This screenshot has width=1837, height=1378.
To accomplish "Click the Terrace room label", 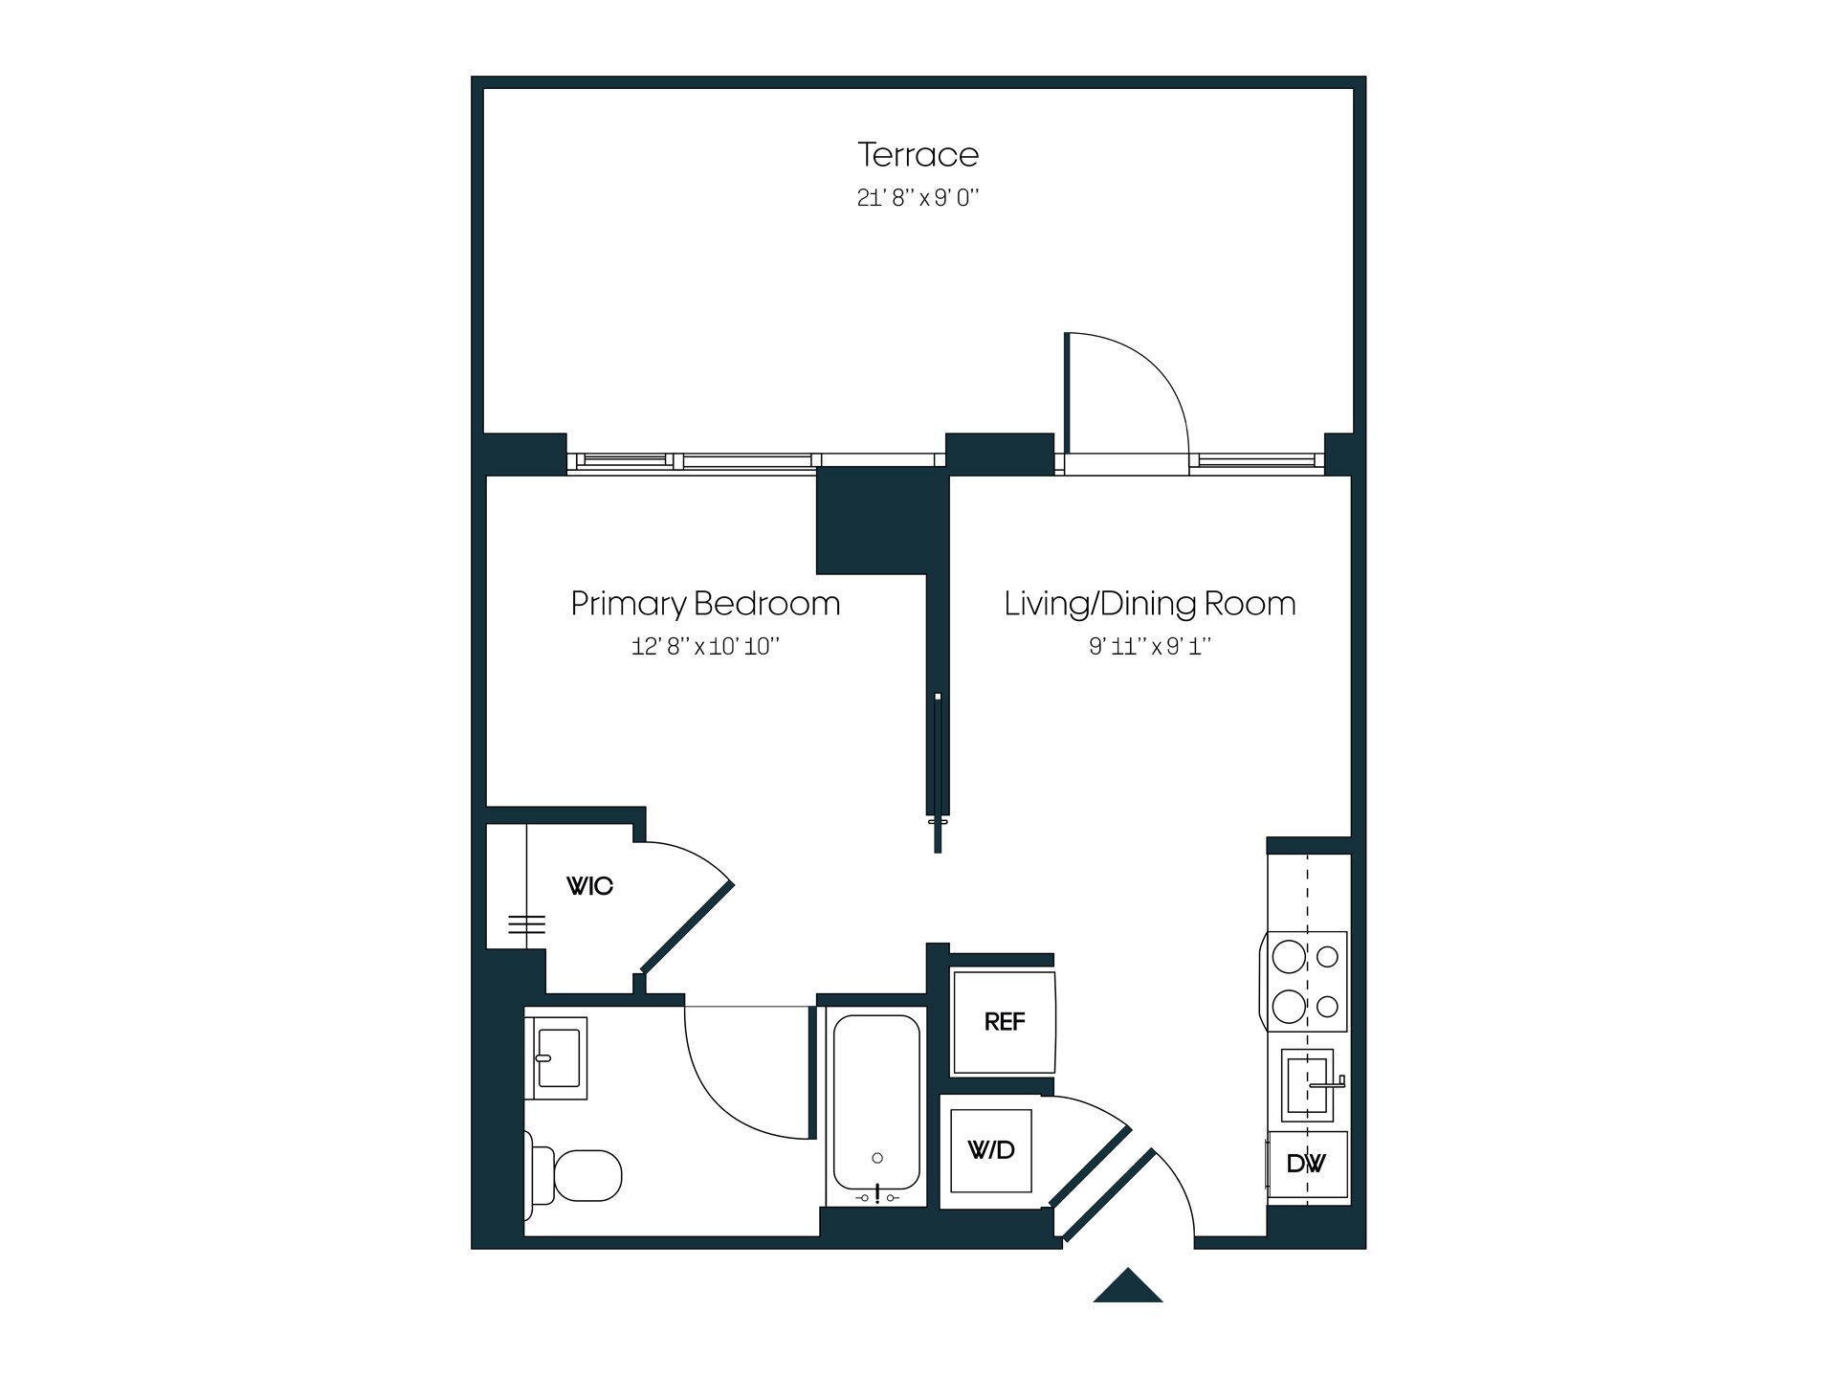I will click(x=918, y=155).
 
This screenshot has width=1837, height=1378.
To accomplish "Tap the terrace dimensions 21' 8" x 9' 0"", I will click(x=918, y=198).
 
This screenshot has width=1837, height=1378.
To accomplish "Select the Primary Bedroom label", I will click(x=705, y=604).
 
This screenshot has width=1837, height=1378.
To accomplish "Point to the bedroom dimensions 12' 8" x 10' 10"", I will click(x=705, y=647).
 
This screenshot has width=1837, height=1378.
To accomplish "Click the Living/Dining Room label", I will click(x=1149, y=604).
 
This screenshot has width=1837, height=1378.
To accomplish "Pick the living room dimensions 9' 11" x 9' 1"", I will click(x=1149, y=647).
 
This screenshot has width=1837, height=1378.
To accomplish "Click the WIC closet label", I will click(x=589, y=886).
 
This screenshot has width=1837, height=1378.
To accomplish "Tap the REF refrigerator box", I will click(x=1004, y=1022).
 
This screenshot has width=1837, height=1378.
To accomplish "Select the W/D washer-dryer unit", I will click(x=990, y=1150).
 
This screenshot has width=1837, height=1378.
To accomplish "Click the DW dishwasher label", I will click(x=1306, y=1164).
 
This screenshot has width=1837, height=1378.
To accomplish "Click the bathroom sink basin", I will click(x=559, y=1057).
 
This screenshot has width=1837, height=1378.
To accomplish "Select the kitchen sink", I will click(x=1307, y=1085).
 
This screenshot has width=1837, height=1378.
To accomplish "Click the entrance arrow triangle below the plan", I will click(x=1128, y=1288).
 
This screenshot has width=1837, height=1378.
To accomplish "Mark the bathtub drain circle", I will click(x=877, y=1159).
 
